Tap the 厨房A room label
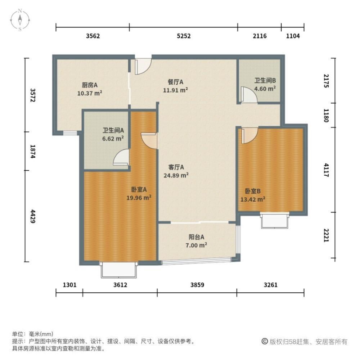tap(90, 85)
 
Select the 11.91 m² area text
tap(176, 90)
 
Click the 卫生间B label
tap(265, 81)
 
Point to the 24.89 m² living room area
tap(177, 175)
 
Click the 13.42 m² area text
tap(253, 198)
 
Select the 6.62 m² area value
tap(113, 138)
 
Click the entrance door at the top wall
tap(143, 66)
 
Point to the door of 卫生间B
tap(249, 95)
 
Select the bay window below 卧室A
tap(119, 270)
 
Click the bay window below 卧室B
tap(275, 220)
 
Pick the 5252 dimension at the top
tap(183, 36)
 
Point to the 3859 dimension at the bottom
tap(197, 285)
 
